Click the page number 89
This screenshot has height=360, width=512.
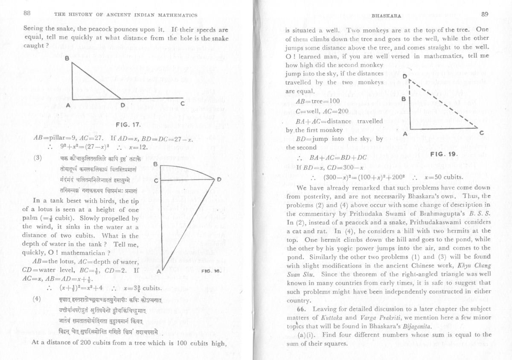pyautogui.click(x=484, y=14)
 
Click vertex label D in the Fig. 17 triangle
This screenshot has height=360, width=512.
pyautogui.click(x=122, y=105)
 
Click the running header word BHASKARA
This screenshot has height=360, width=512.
pyautogui.click(x=386, y=15)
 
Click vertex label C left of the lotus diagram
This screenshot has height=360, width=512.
pyautogui.click(x=156, y=179)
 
